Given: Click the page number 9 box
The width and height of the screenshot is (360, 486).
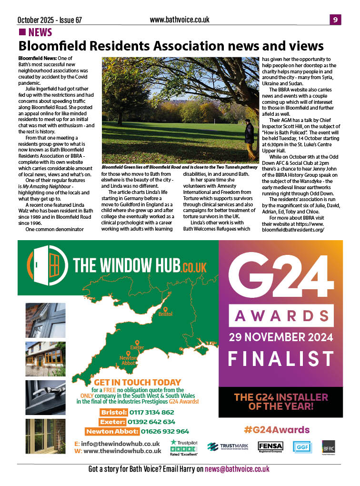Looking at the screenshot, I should click(x=335, y=20).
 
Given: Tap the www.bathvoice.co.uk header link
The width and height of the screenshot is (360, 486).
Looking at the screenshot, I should click(x=180, y=20).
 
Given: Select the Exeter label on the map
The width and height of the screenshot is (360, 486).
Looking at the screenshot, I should click(x=137, y=348).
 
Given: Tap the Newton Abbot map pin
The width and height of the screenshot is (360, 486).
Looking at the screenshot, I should click(x=122, y=353).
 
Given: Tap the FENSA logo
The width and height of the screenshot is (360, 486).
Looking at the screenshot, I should click(x=270, y=446).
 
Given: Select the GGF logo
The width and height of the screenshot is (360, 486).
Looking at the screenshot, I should click(x=301, y=446).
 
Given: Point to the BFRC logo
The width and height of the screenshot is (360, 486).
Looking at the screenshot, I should click(x=329, y=446).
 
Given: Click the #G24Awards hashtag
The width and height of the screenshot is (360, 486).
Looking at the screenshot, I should click(x=277, y=430).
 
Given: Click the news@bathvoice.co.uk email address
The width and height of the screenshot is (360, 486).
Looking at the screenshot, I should click(x=237, y=469).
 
